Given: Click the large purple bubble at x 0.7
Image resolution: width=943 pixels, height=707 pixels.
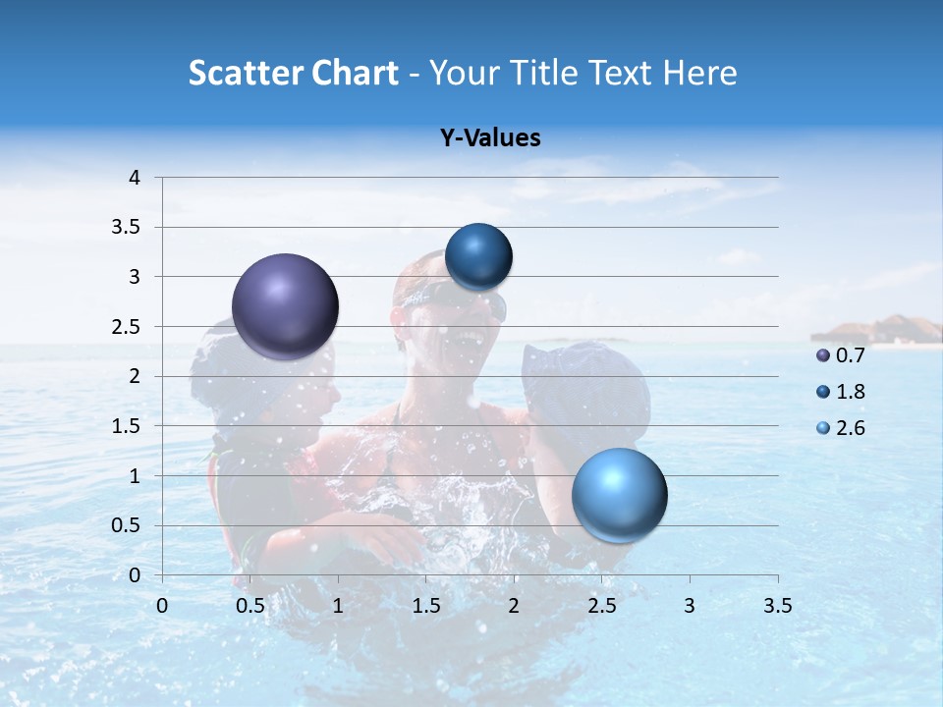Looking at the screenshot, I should [x=286, y=306].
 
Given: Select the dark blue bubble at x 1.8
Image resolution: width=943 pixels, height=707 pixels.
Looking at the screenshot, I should [x=478, y=257].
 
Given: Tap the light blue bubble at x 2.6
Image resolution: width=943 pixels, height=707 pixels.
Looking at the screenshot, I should [x=620, y=495].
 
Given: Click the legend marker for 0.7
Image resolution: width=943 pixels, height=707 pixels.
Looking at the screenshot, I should [x=823, y=355].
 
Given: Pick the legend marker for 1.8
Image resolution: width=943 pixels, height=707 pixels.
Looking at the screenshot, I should [x=823, y=392].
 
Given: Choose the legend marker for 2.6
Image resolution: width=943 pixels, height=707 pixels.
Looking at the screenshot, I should [x=823, y=428].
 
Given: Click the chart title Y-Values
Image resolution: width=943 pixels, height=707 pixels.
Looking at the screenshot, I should [x=490, y=138].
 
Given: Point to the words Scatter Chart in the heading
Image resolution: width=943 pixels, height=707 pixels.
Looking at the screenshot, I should [x=293, y=73].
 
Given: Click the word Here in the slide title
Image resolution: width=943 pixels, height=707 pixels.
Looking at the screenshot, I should [x=699, y=73].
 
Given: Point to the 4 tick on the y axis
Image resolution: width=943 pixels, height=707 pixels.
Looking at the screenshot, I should [x=136, y=178].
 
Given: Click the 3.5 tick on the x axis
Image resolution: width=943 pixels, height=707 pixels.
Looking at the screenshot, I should [x=778, y=606].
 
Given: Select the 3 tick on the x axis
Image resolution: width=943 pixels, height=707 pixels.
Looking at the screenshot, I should [x=690, y=606].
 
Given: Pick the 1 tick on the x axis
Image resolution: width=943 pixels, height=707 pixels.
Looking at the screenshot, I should [x=338, y=606].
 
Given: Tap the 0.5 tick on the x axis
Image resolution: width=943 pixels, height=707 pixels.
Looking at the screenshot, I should [x=250, y=606].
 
